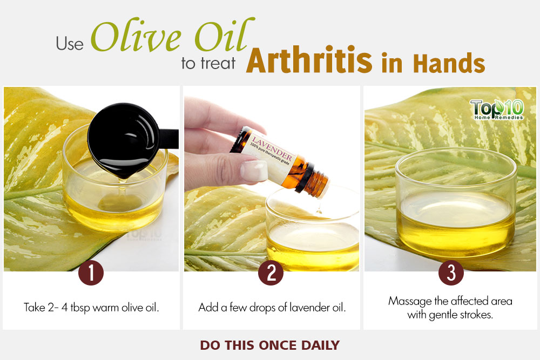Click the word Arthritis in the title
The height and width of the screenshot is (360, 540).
[309, 60]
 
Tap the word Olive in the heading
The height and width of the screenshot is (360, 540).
[136, 36]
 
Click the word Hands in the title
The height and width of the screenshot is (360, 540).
[449, 63]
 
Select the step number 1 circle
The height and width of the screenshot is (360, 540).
[91, 273]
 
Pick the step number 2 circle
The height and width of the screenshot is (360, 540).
[271, 273]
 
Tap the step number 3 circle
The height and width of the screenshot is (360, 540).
[451, 273]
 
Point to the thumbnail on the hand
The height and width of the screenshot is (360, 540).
[254, 171]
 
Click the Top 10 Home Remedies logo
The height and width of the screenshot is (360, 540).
[497, 109]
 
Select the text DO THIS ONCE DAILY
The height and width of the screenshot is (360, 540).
[270, 345]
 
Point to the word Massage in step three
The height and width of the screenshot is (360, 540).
[410, 302]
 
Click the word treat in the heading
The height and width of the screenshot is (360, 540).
[218, 64]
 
